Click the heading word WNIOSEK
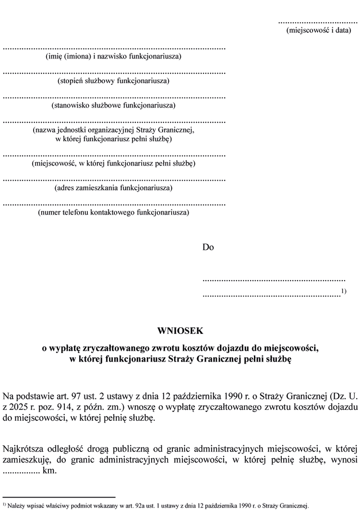(180, 331)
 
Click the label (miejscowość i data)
(318, 30)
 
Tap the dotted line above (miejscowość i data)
(318, 22)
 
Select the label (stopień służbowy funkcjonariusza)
(114, 80)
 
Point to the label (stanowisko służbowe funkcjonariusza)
(114, 105)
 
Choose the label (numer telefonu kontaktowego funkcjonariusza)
(114, 212)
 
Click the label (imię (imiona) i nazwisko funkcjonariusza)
(114, 56)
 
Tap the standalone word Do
(208, 248)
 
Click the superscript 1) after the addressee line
(344, 291)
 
